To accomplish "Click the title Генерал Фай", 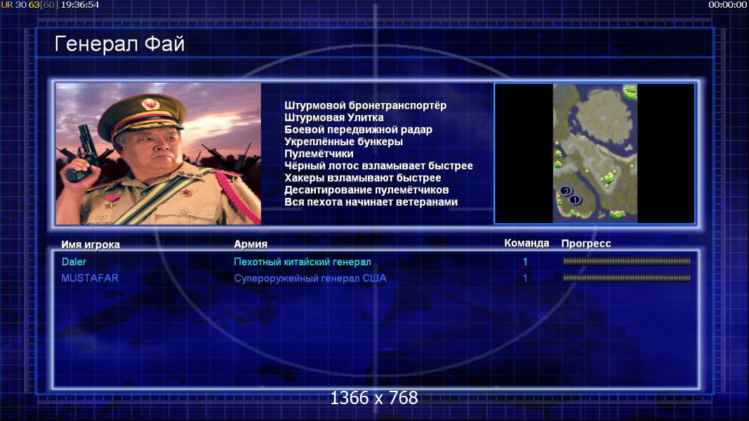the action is (x=119, y=44).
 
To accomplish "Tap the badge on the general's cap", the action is (x=150, y=104).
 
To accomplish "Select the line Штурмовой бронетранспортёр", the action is (x=366, y=105).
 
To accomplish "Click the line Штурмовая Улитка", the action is (x=334, y=117).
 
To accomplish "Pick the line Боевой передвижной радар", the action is (x=358, y=130).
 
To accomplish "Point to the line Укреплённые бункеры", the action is (x=343, y=142).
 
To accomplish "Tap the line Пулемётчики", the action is (x=319, y=154).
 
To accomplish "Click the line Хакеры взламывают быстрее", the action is (x=362, y=178).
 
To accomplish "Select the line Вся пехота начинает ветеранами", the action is (x=371, y=202).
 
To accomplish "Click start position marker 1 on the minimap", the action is (x=575, y=199).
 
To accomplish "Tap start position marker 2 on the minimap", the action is (x=566, y=192).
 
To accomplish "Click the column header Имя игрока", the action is (x=91, y=244).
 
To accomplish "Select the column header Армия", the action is (x=251, y=244).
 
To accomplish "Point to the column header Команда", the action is (x=526, y=243).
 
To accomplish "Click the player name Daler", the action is (x=74, y=262).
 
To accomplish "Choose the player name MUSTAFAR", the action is (x=90, y=278).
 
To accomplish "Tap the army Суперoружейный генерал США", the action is (x=310, y=279).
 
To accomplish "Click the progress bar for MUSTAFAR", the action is (x=626, y=278).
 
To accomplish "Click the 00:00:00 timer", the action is (x=727, y=5).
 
